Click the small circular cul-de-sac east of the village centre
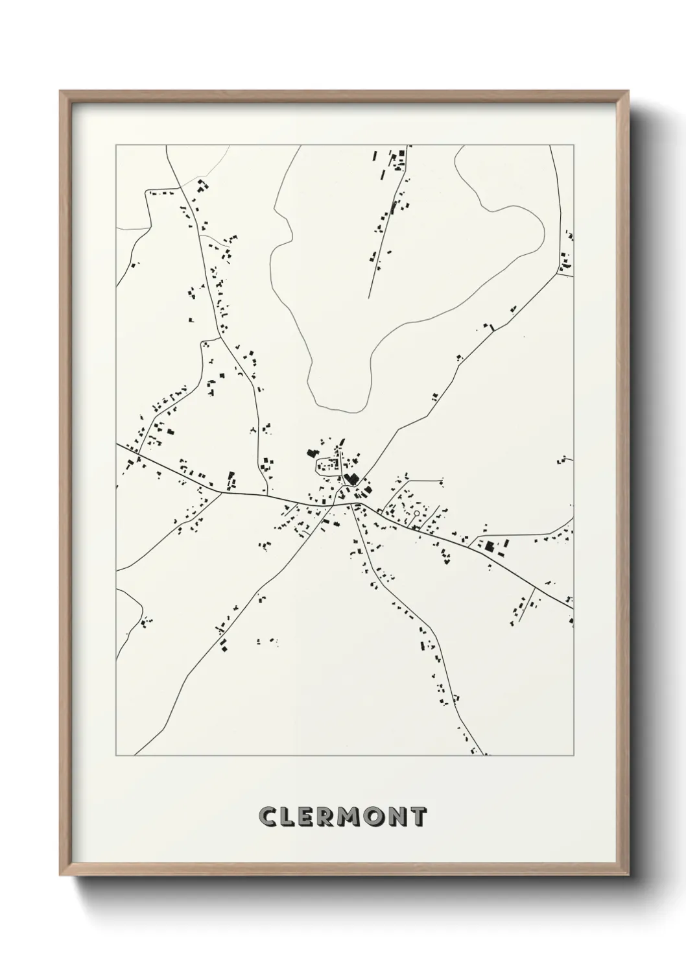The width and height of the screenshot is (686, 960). (416, 512)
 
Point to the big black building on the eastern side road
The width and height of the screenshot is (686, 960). (490, 546)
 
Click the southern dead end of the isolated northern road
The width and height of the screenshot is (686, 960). (368, 298)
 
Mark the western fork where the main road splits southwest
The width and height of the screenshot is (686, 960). (222, 492)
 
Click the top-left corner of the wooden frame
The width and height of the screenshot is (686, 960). (60, 91)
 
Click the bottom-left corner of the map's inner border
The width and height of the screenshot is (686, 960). (116, 756)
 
